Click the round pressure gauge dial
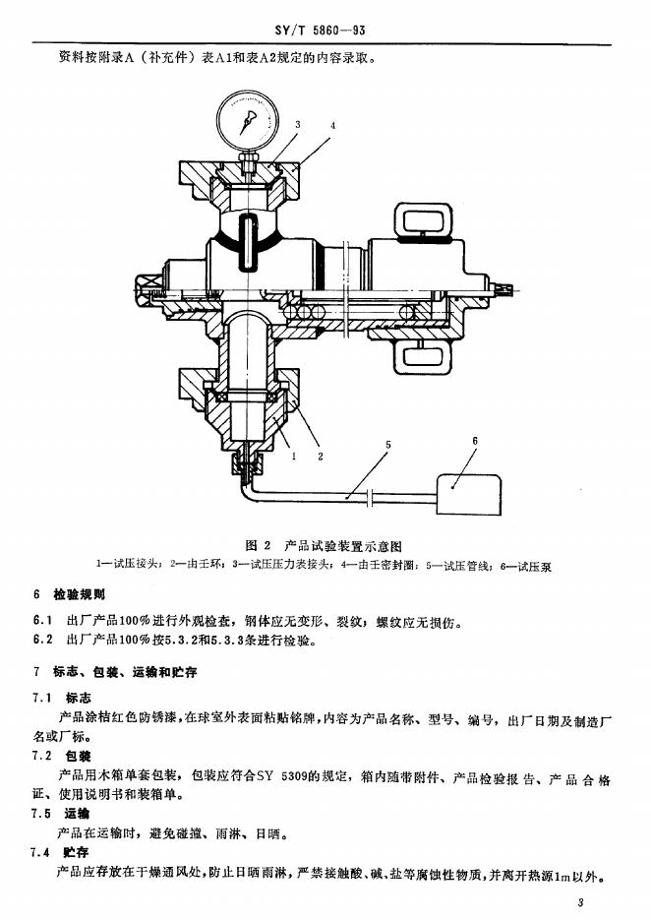(247, 121)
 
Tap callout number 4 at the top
(333, 126)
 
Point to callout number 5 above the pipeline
(387, 445)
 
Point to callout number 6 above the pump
(474, 441)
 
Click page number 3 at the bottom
(582, 902)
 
